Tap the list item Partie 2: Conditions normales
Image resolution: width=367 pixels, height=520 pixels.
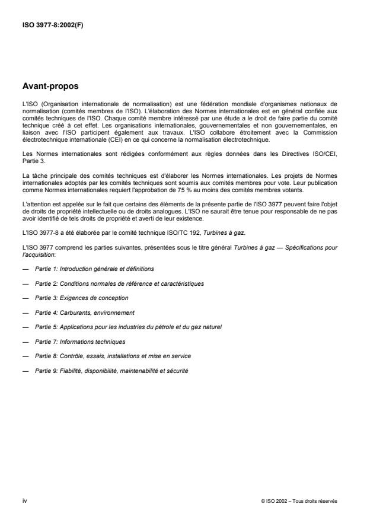(x=119, y=283)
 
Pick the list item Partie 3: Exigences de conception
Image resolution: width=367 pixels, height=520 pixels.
(x=81, y=298)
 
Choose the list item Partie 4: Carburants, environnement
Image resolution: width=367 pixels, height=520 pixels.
(x=85, y=312)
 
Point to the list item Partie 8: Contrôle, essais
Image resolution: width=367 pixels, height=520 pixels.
(x=113, y=356)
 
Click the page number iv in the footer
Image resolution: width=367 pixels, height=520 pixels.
(x=25, y=500)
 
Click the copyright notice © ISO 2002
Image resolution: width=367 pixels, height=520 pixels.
(x=299, y=501)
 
